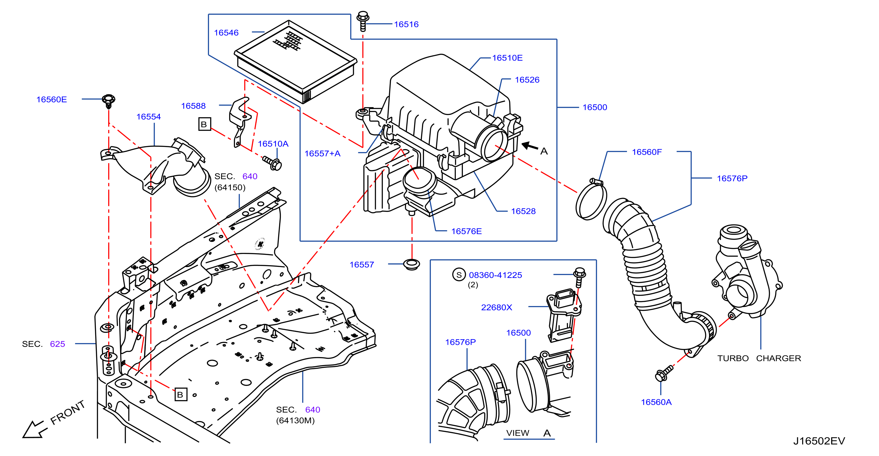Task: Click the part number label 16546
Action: tap(226, 33)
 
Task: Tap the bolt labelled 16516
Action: tap(363, 21)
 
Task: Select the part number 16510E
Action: tap(507, 58)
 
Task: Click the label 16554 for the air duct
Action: tap(148, 117)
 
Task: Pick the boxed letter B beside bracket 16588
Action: tap(204, 124)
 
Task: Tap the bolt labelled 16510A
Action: tap(272, 163)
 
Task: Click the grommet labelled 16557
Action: tap(412, 264)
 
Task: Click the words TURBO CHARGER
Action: tap(759, 358)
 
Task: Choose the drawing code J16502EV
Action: tap(819, 441)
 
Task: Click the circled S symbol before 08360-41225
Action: tap(459, 275)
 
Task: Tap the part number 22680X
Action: tap(496, 307)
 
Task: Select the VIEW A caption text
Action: tap(529, 433)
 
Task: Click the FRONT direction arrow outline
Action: tap(33, 429)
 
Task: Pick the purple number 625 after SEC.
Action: tap(57, 344)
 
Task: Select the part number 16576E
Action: tap(467, 231)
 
